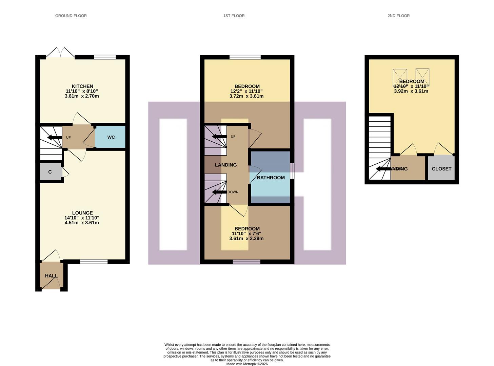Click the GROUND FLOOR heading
pos(71,16)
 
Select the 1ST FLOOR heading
pos(234,16)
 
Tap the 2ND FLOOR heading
pos(398,16)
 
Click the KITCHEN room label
pos(82,86)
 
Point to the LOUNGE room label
pos(82,213)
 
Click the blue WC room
pos(111,137)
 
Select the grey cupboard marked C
pos(50,172)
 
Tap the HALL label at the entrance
pos(51,276)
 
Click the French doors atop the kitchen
pos(60,53)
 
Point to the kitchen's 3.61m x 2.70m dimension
pos(82,96)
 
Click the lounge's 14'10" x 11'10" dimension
pos(82,218)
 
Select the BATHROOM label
pos(271,178)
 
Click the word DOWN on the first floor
pos(233,192)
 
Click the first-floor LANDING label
pos(225,165)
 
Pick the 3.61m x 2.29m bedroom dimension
pos(246,239)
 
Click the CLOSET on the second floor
pos(441,169)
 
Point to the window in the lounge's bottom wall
pos(94,261)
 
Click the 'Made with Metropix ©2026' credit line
pos(247,364)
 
